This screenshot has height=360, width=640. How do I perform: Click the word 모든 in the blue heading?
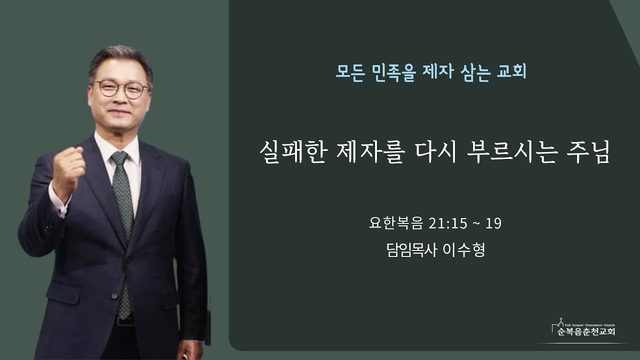pyautogui.click(x=350, y=72)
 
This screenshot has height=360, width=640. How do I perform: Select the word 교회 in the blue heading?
pyautogui.click(x=511, y=72)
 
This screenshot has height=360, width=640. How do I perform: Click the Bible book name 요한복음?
pyautogui.click(x=396, y=223)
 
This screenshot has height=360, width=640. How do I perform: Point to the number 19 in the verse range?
pyautogui.click(x=493, y=224)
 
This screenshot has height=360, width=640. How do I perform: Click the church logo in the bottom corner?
pyautogui.click(x=584, y=328)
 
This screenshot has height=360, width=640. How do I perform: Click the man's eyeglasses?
pyautogui.click(x=122, y=89)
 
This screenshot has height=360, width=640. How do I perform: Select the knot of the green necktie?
pyautogui.click(x=120, y=158)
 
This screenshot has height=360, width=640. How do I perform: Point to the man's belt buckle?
pyautogui.click(x=124, y=320)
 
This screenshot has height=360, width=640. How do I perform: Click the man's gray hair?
pyautogui.click(x=120, y=60)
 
